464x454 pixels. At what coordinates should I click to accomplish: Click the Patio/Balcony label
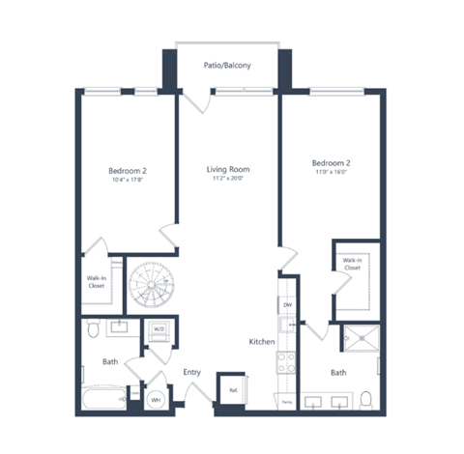click(227, 67)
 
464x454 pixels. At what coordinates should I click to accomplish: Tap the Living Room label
click(228, 170)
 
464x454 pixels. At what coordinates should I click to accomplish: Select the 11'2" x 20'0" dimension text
click(228, 180)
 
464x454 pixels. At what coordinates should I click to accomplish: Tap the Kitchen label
click(262, 342)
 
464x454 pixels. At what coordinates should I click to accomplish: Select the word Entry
click(191, 371)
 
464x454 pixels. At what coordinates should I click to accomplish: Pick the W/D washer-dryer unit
click(157, 328)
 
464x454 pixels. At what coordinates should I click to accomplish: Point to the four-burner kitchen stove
click(287, 363)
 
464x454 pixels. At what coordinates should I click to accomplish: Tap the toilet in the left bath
click(92, 330)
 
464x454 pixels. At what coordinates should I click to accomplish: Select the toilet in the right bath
click(364, 398)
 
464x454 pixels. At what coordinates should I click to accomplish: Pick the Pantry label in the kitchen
click(287, 400)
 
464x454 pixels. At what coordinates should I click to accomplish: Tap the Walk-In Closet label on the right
click(352, 264)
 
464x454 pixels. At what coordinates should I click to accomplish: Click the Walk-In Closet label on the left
click(97, 282)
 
